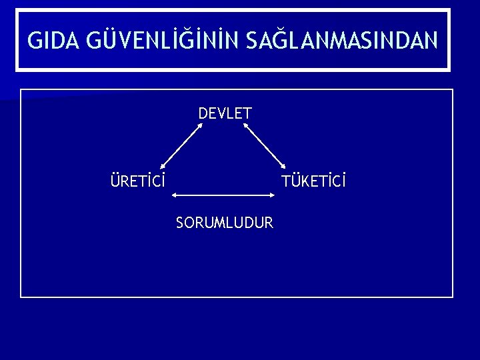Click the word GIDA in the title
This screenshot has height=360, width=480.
click(x=52, y=41)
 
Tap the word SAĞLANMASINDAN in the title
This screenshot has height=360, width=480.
click(x=342, y=41)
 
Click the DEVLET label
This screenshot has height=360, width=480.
click(x=225, y=113)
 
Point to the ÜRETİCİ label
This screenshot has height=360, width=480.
click(x=138, y=181)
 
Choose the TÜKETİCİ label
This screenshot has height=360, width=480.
click(x=314, y=181)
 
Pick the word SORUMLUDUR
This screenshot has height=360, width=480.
click(x=225, y=223)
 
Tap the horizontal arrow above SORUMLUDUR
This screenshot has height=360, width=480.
click(x=224, y=195)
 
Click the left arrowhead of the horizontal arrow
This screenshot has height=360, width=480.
click(x=175, y=195)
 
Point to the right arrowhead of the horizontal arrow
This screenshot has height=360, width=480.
click(x=273, y=195)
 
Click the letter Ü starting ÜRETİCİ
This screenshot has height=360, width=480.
click(x=115, y=181)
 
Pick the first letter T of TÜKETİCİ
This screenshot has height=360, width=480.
click(x=285, y=181)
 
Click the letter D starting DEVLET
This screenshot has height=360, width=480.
click(x=203, y=113)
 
